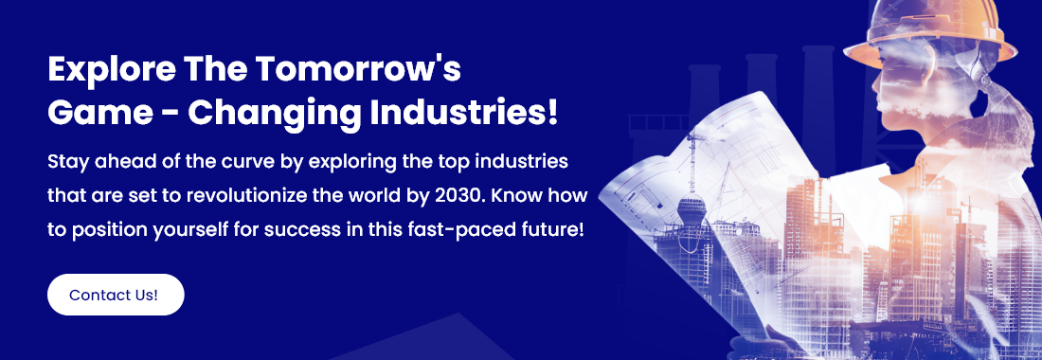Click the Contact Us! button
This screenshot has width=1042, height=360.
point(116,295)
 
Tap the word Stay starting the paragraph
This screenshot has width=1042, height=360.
point(65,163)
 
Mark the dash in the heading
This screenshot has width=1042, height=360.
point(170,116)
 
